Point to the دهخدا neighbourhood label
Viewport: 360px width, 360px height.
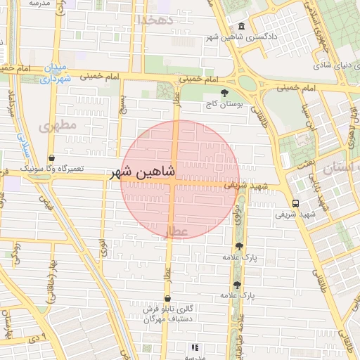pyautogui.click(x=155, y=20)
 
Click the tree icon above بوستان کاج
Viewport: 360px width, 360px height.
pyautogui.click(x=224, y=93)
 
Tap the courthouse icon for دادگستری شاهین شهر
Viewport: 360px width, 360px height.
pyautogui.click(x=242, y=27)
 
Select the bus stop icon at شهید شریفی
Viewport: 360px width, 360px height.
pyautogui.click(x=295, y=203)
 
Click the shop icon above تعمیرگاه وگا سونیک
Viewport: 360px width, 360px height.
pyautogui.click(x=52, y=158)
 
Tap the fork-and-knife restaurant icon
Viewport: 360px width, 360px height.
pyautogui.click(x=195, y=347)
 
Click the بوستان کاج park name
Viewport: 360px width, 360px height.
pyautogui.click(x=224, y=103)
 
